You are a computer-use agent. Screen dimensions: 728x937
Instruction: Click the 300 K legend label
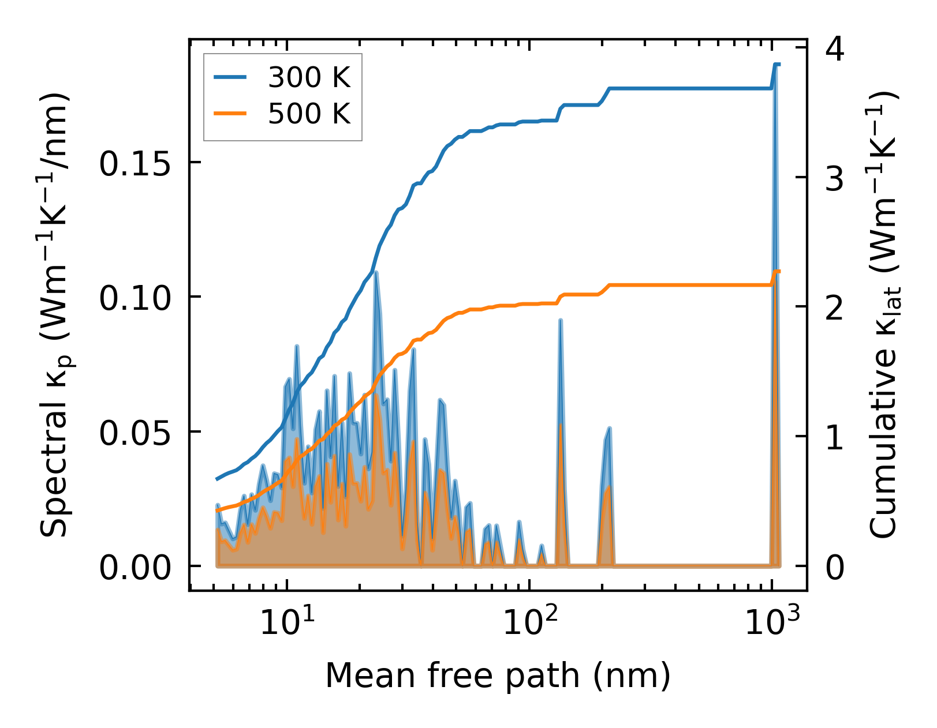309,77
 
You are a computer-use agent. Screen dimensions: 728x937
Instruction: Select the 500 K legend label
309,114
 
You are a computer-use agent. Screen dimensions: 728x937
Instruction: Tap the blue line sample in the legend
230,77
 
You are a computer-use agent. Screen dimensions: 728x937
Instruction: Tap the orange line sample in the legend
230,114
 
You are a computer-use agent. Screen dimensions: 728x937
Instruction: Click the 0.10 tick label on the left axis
137,299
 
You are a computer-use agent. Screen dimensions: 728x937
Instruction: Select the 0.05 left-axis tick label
137,434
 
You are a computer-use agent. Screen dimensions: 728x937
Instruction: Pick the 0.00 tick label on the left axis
137,569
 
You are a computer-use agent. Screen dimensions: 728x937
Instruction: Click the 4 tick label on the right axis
835,50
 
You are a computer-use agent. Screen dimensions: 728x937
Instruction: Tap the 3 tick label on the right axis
835,179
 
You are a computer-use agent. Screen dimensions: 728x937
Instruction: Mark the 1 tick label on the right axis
835,438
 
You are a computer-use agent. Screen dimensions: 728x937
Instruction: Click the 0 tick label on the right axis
835,568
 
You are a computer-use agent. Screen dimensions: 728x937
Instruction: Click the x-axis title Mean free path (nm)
498,676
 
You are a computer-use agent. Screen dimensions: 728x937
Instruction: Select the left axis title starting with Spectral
57,315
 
